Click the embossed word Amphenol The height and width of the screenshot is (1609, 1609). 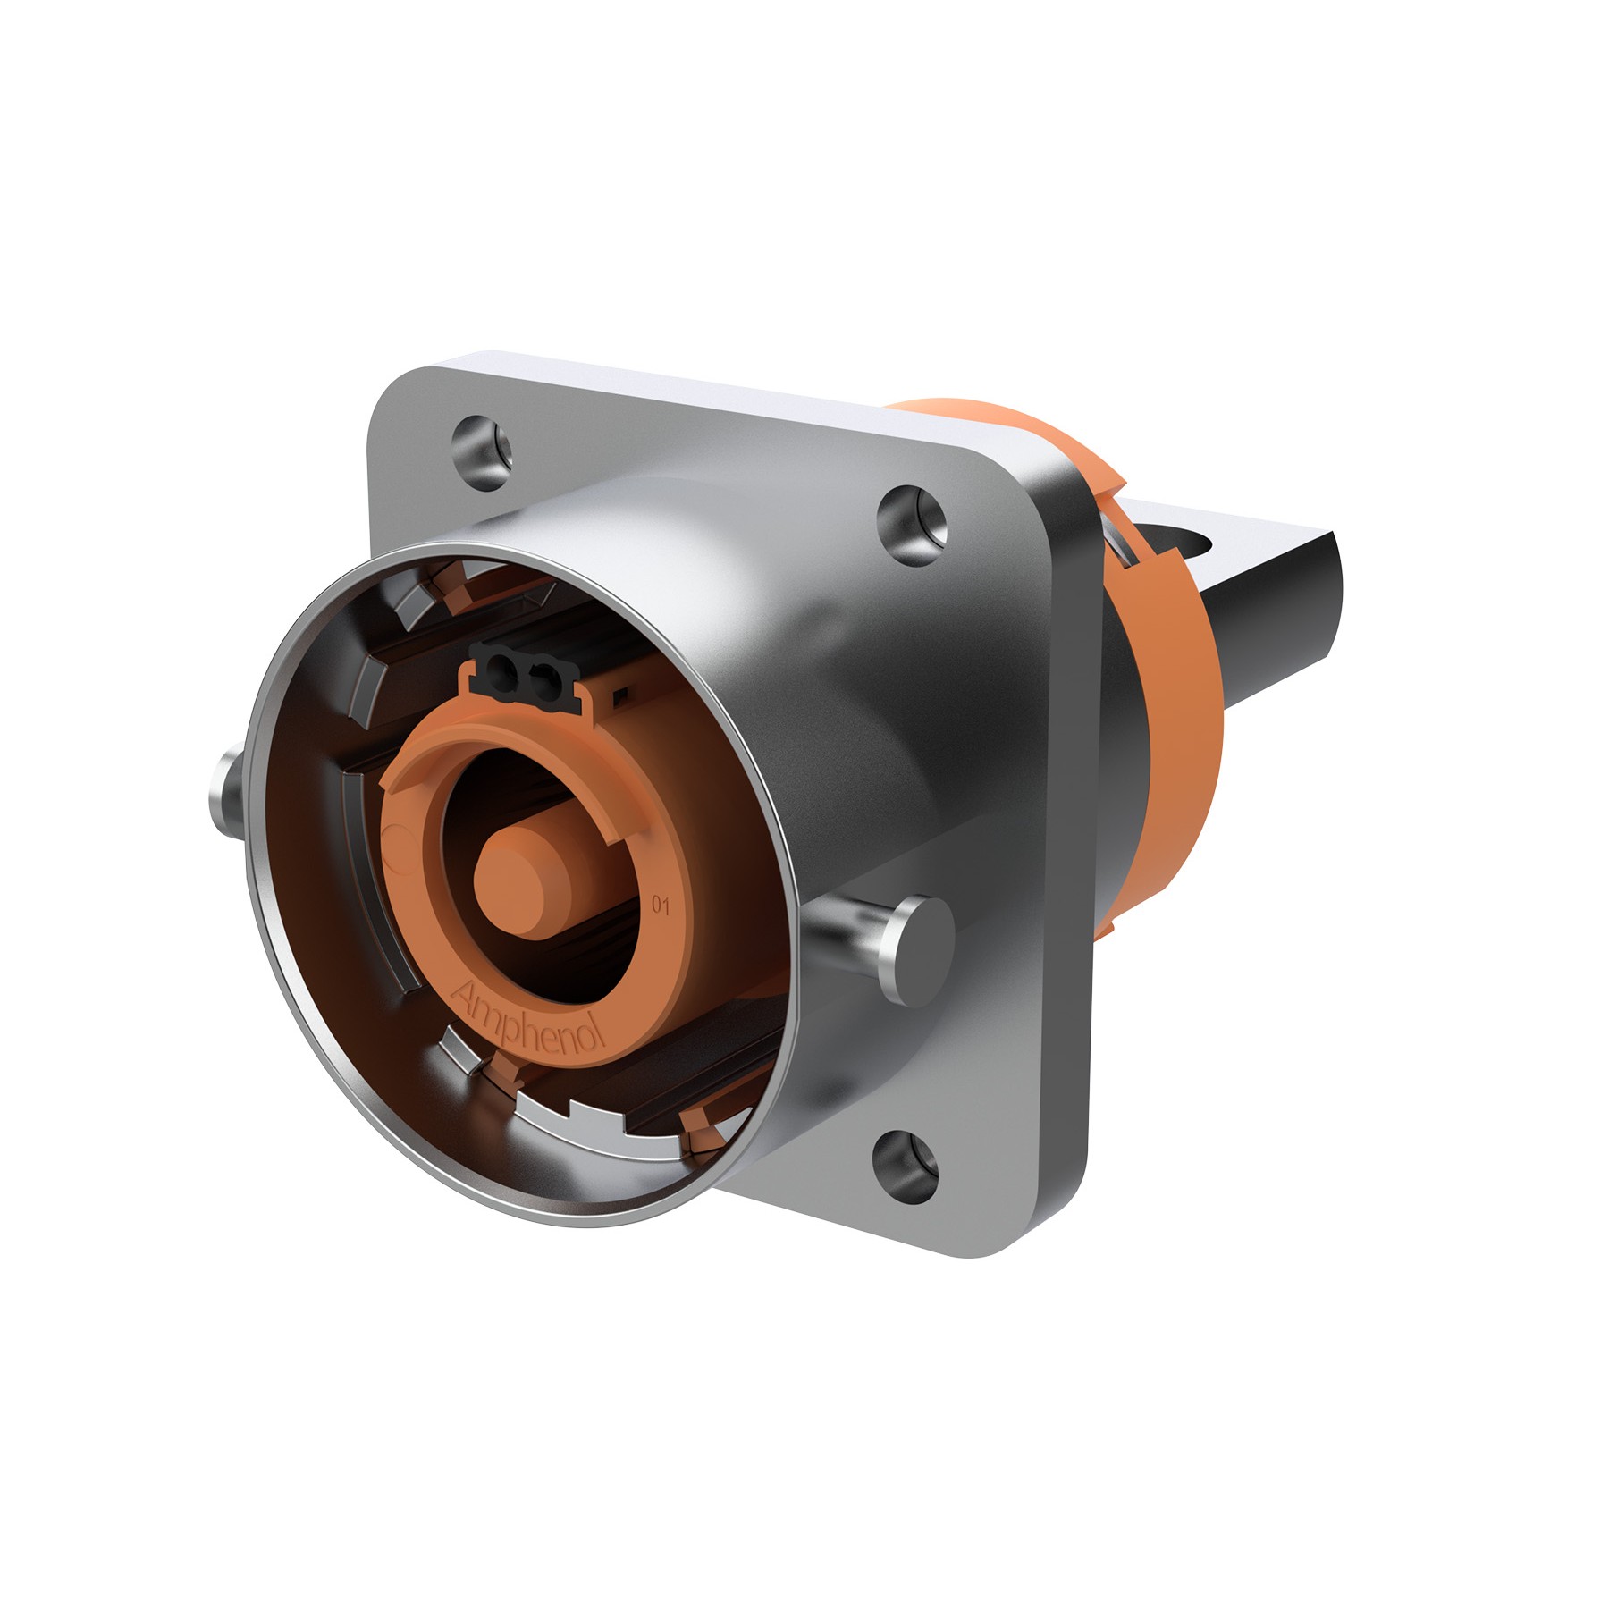(530, 1018)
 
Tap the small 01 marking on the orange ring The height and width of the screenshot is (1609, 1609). (661, 906)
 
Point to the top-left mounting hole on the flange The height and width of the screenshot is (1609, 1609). (482, 444)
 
